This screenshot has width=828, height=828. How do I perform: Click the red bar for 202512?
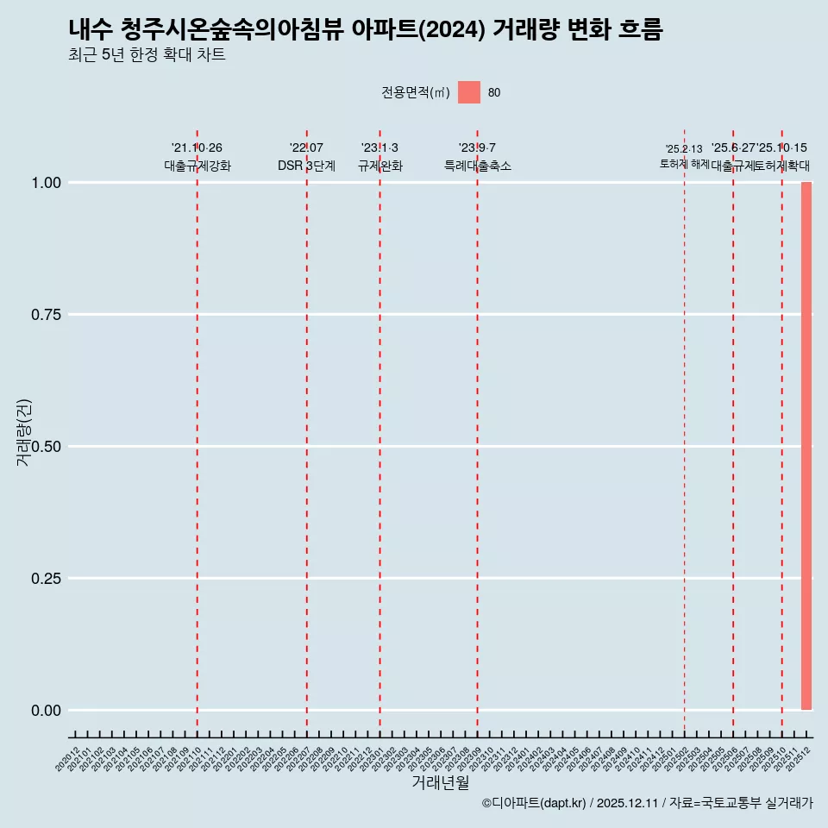coord(806,446)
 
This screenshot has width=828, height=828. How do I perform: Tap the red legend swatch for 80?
coord(468,92)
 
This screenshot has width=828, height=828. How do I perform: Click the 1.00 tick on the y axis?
coord(47,183)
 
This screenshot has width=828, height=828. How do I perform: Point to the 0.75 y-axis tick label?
coord(47,315)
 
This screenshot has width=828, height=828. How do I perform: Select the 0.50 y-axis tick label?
coord(47,447)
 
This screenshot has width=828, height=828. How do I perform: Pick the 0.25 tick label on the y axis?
coord(47,579)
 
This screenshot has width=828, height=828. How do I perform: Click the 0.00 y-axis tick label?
coord(47,711)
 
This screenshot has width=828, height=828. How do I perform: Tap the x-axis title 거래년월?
coord(440,782)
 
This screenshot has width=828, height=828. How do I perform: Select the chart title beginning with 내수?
coord(366,29)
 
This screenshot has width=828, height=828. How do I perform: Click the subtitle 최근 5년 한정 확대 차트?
coord(147,55)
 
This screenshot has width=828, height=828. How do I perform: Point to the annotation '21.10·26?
coord(197,148)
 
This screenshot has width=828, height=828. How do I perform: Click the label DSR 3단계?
coord(306,166)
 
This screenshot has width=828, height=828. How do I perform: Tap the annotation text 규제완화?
coord(379,166)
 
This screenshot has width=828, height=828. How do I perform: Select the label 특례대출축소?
coord(477,166)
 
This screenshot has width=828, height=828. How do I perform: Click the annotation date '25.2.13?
coord(684,149)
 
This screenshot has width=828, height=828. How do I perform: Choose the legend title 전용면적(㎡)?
coord(415,93)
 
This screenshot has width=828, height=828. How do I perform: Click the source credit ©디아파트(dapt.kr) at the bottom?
coord(535,803)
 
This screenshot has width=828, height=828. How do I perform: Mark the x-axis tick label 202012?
coord(67,760)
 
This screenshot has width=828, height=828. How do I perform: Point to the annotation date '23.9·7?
coord(477,148)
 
